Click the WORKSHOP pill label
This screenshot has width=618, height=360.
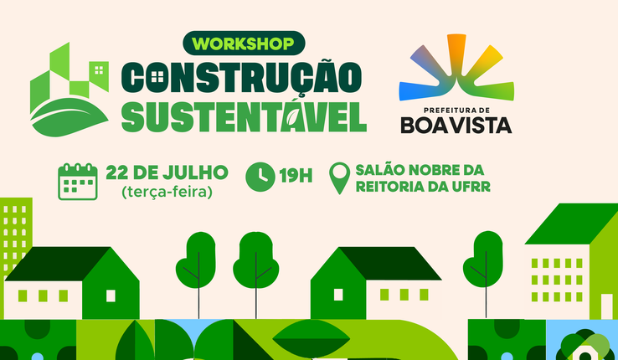click(x=244, y=44)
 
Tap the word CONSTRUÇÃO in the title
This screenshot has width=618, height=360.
click(x=241, y=78)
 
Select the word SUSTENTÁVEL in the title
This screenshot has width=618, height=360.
click(x=244, y=116)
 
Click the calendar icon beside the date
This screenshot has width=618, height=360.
click(x=78, y=182)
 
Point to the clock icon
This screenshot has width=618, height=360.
click(x=260, y=177)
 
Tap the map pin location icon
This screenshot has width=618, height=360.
click(x=339, y=178)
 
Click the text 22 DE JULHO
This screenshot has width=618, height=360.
click(x=167, y=172)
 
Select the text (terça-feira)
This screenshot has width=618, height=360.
click(x=167, y=193)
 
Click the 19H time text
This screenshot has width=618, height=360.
click(x=296, y=176)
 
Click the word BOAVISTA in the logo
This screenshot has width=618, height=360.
click(x=456, y=126)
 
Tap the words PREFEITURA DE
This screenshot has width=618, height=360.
click(x=456, y=111)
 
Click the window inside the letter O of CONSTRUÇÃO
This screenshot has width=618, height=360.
click(x=157, y=76)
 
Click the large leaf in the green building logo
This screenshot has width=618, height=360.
click(x=69, y=117)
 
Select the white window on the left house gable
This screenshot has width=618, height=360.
click(x=111, y=296)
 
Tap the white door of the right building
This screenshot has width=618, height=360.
click(x=607, y=306)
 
